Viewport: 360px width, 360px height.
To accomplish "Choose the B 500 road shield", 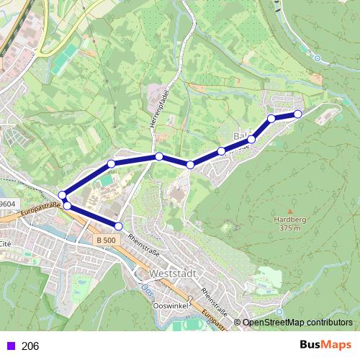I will point(105,240).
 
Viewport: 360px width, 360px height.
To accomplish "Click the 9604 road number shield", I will point(7,204).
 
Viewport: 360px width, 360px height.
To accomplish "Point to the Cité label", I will point(6,245).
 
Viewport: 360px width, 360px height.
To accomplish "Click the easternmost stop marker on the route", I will point(298,114).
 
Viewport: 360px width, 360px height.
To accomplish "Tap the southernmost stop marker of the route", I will point(119,226).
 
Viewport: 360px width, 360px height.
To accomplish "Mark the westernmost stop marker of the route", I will point(63,194).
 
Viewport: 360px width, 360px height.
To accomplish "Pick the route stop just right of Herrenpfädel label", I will point(158,156).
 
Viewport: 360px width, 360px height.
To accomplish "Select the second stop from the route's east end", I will point(271,118).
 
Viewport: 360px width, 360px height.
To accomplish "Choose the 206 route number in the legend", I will point(30,346).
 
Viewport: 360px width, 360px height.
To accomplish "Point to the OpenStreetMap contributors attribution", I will point(297,323).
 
